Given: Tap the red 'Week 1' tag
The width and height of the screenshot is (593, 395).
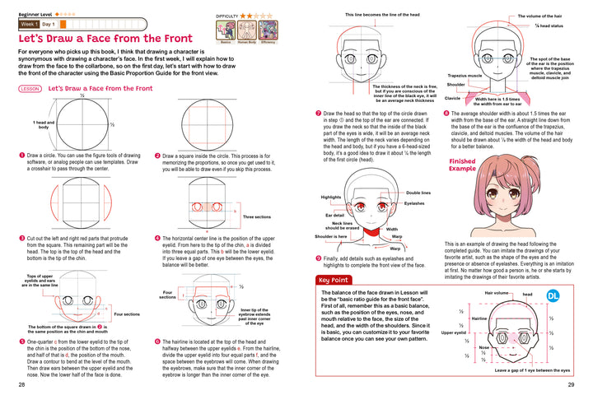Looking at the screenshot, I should [31, 25].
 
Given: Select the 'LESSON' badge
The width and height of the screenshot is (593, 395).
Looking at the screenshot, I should [29, 88].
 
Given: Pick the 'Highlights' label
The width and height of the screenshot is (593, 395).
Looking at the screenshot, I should [331, 197].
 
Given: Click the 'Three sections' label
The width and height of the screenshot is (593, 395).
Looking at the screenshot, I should [258, 217].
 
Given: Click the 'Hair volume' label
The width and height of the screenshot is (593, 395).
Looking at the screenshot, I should [497, 292].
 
